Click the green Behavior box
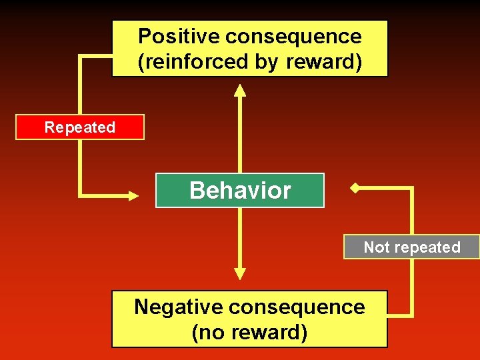click(x=240, y=191)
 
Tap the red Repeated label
click(x=80, y=127)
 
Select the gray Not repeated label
click(x=411, y=247)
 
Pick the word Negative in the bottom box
click(x=177, y=307)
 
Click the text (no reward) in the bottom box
click(x=249, y=332)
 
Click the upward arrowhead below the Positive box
click(x=240, y=89)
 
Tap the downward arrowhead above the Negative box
click(x=240, y=273)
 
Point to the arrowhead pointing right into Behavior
click(x=133, y=195)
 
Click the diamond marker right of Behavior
click(x=355, y=189)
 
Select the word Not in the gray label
click(x=376, y=247)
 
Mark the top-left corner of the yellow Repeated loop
click(x=81, y=56)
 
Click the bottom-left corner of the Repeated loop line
click(x=81, y=195)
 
